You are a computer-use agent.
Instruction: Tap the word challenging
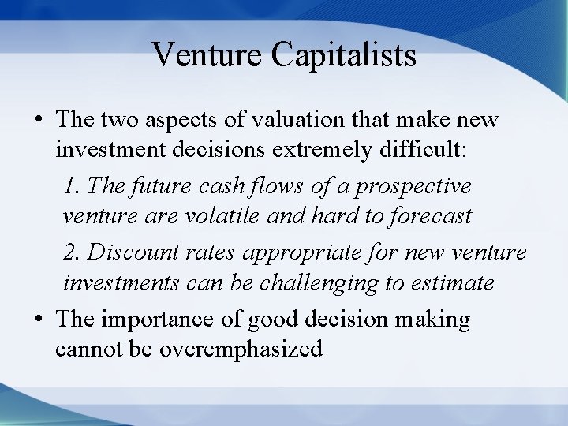tap(341, 282)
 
